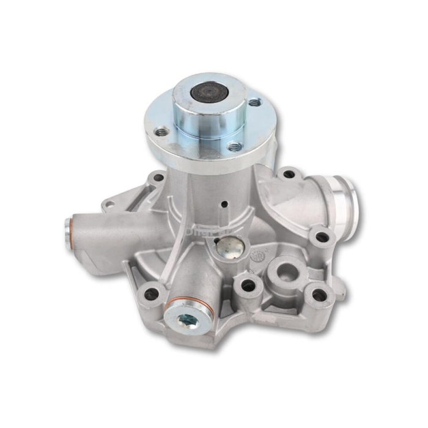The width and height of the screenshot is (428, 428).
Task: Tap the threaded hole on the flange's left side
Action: point(162,131)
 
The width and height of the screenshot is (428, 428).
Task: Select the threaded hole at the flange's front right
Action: point(234,146)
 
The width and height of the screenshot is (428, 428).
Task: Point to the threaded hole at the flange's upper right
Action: point(253,102)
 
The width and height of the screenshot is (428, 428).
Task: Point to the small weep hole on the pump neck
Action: point(224,204)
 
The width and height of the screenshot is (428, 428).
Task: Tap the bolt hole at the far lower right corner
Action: point(319,295)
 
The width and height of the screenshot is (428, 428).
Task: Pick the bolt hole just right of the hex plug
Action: point(248,285)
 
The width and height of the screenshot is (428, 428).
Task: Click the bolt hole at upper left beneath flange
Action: point(158,178)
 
